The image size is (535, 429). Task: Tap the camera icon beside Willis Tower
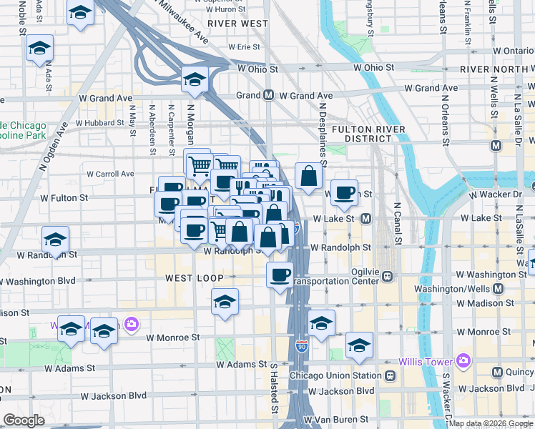click(x=463, y=360)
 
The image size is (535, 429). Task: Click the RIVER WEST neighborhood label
click(x=238, y=23)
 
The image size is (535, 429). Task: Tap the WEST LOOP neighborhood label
click(x=195, y=277)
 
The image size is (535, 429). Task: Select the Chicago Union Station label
click(x=335, y=375)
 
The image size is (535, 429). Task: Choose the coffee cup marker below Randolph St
click(x=280, y=274)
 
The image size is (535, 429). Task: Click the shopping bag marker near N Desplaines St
click(x=308, y=176)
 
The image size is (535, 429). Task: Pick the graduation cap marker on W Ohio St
click(x=194, y=81)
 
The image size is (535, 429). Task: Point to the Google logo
click(x=24, y=420)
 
